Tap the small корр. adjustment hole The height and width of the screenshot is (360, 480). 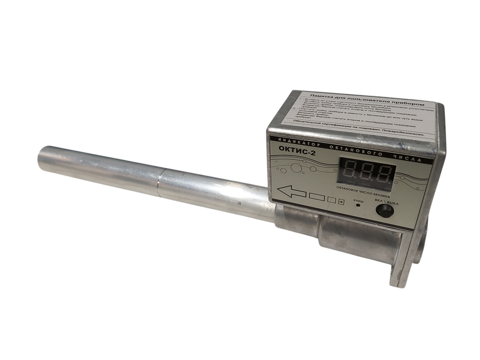[359, 205]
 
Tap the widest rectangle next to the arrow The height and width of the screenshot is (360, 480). [316, 196]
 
